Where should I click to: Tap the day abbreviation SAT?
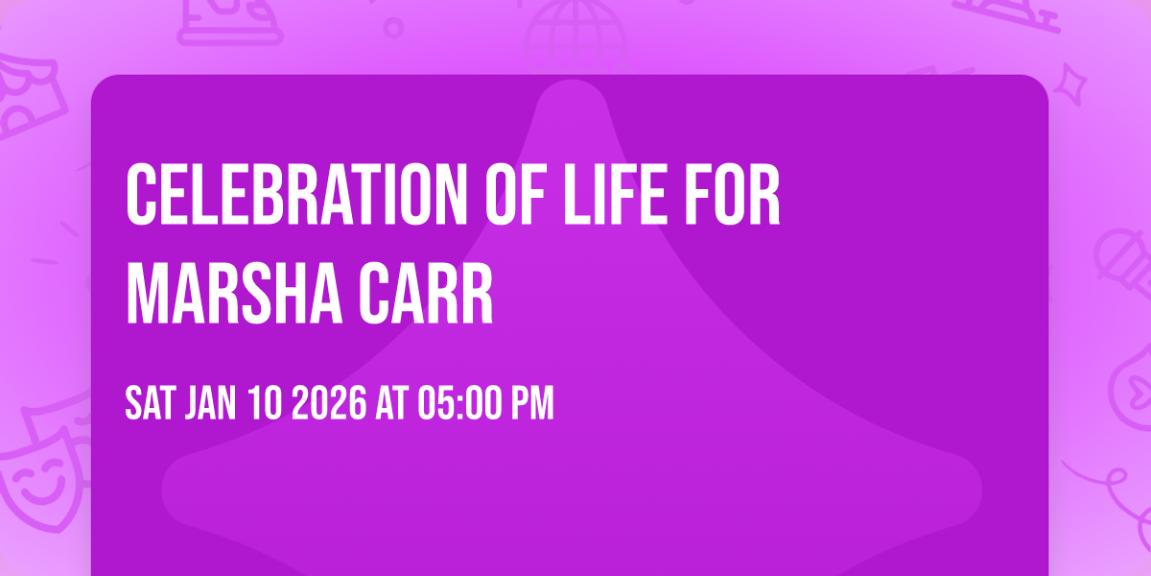tap(149, 404)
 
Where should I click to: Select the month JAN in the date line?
tap(213, 404)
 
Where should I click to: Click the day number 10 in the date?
tap(268, 404)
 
